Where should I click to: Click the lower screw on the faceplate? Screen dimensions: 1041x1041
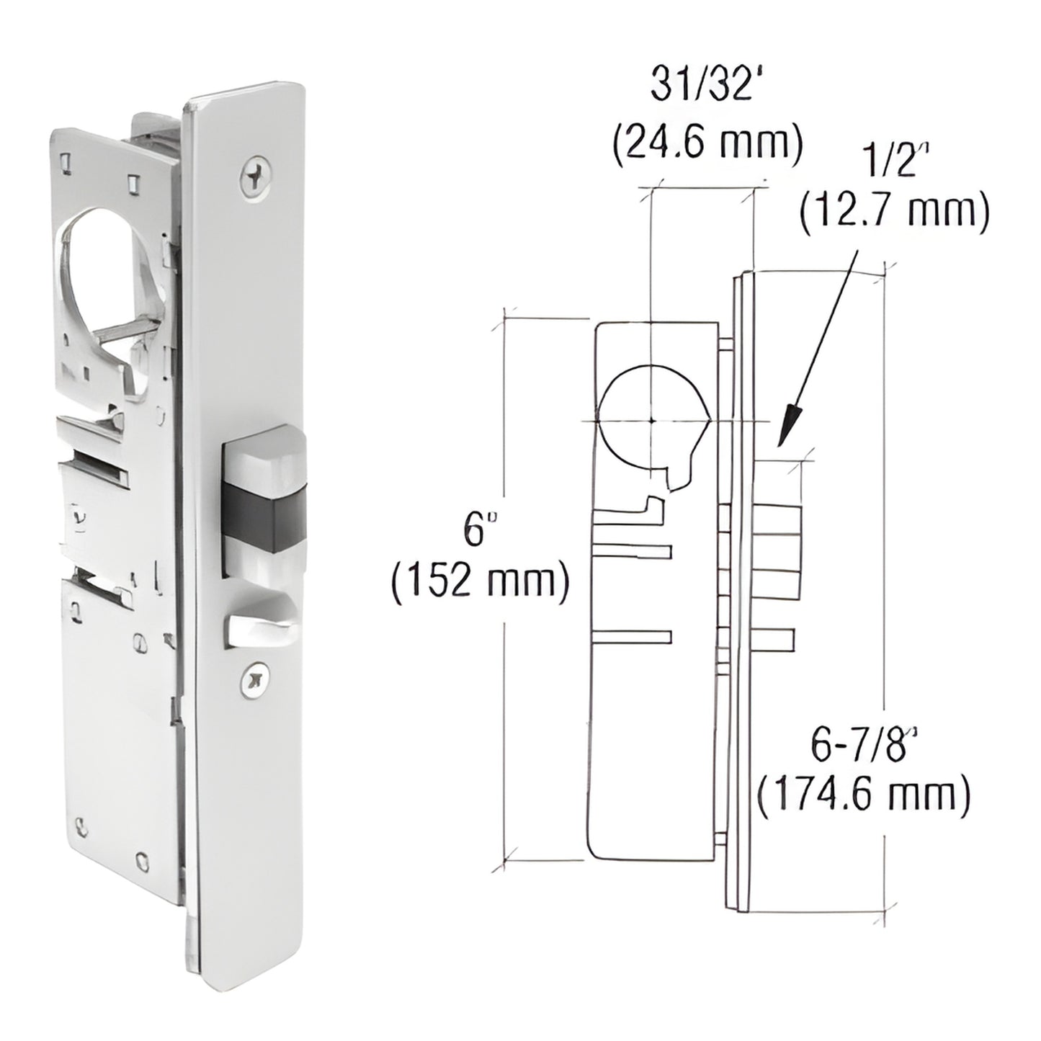[x=252, y=680]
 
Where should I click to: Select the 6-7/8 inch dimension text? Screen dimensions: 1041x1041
[x=867, y=746]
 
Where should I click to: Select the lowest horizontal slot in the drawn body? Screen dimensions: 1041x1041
[x=631, y=636]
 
